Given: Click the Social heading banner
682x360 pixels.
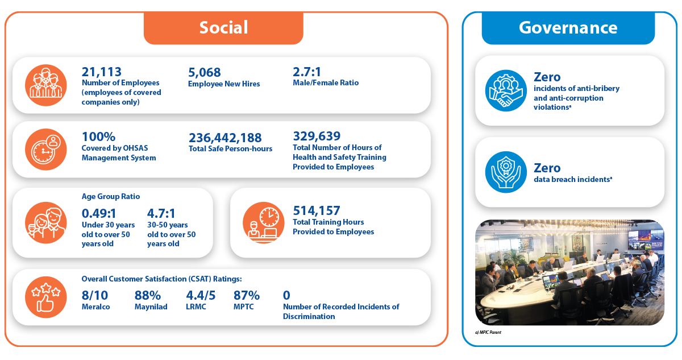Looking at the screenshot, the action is pyautogui.click(x=223, y=28).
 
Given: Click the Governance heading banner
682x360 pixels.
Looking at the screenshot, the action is pyautogui.click(x=568, y=28).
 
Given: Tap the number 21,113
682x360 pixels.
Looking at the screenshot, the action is pyautogui.click(x=101, y=72).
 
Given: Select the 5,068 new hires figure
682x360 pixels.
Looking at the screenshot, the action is pyautogui.click(x=204, y=72).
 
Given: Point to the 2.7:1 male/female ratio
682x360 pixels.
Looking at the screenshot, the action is pyautogui.click(x=307, y=72).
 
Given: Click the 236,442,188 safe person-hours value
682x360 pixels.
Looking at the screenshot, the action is pyautogui.click(x=225, y=138).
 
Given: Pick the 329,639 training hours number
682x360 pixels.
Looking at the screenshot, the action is pyautogui.click(x=317, y=136).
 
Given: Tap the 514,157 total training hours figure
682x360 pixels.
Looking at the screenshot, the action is pyautogui.click(x=317, y=211).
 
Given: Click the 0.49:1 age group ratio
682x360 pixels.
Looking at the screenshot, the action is pyautogui.click(x=99, y=213).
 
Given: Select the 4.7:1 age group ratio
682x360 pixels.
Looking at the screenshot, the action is pyautogui.click(x=161, y=213).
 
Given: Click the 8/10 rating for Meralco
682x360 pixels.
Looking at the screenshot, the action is pyautogui.click(x=95, y=295).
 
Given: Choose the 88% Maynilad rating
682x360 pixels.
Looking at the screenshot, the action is pyautogui.click(x=148, y=295).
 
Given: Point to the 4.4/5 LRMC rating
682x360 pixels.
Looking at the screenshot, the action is pyautogui.click(x=201, y=295).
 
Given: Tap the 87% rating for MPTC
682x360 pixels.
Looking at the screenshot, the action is pyautogui.click(x=247, y=295).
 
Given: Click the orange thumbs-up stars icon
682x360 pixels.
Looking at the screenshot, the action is pyautogui.click(x=45, y=297).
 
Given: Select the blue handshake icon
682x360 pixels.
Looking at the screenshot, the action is pyautogui.click(x=506, y=90).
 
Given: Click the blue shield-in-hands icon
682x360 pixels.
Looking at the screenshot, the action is pyautogui.click(x=506, y=172).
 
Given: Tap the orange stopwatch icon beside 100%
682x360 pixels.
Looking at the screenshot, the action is pyautogui.click(x=45, y=149).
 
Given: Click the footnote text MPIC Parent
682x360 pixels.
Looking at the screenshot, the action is pyautogui.click(x=490, y=332).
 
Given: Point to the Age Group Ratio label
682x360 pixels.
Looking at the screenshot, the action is pyautogui.click(x=110, y=196).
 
